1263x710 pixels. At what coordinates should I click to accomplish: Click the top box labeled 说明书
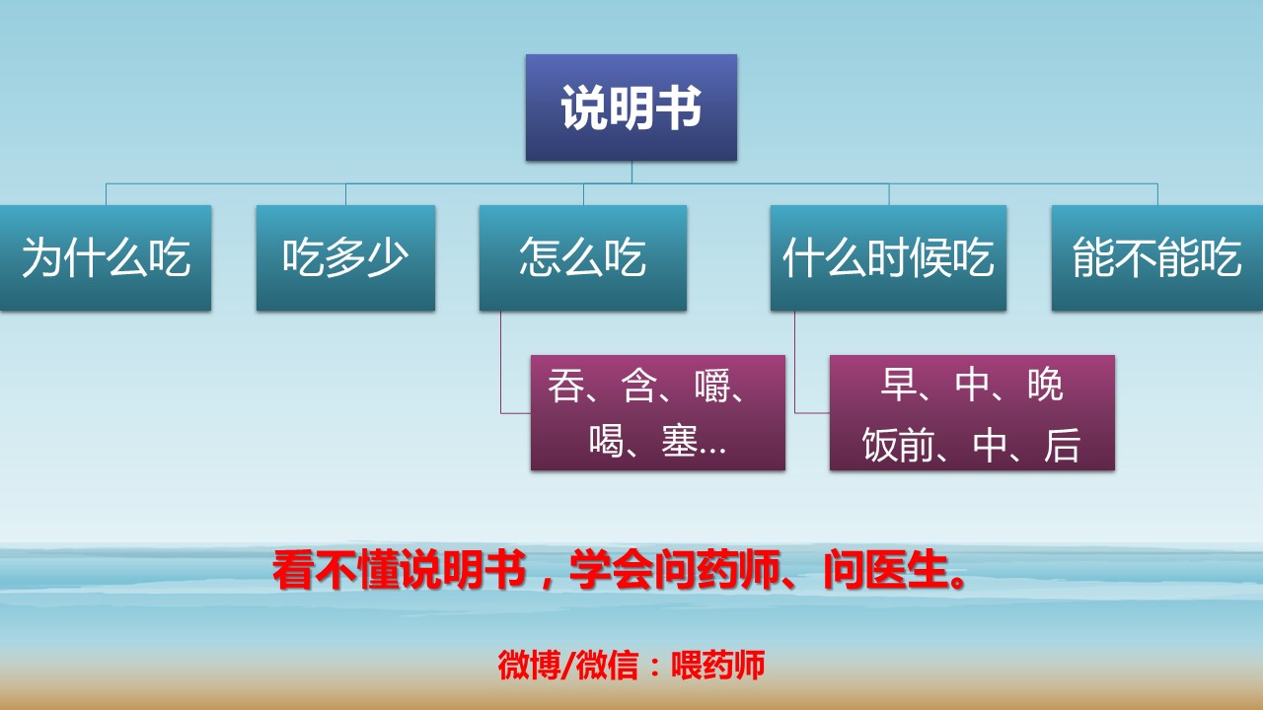(631, 107)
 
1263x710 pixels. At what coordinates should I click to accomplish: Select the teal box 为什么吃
(106, 258)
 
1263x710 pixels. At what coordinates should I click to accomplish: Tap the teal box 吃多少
(345, 258)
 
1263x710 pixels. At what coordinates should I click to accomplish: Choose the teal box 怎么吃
(582, 258)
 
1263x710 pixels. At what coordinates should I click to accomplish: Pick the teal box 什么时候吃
(888, 258)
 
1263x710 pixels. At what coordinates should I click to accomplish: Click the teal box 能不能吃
(1156, 258)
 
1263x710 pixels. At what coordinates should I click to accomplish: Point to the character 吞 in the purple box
(566, 386)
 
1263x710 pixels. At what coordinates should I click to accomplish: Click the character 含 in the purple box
(639, 386)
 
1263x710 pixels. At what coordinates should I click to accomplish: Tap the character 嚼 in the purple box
(712, 386)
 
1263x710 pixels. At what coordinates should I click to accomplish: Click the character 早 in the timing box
(899, 386)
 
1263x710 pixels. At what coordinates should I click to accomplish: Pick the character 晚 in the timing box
(1045, 386)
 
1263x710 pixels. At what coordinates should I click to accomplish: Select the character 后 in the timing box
(1063, 446)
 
